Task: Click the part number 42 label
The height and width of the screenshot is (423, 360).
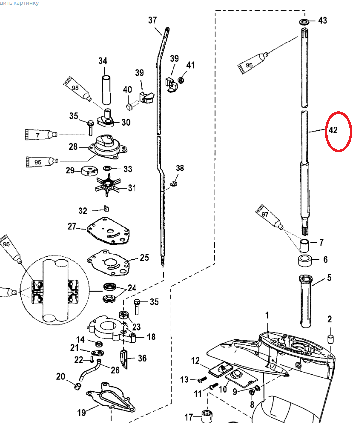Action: click(x=333, y=130)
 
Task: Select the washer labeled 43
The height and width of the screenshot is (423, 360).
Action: click(x=304, y=22)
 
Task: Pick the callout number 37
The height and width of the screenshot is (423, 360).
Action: click(x=152, y=20)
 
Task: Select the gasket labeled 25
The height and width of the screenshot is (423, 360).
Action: click(x=111, y=259)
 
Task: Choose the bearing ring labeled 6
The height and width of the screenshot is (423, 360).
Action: click(x=304, y=260)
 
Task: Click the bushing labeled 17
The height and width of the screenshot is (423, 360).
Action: click(x=205, y=415)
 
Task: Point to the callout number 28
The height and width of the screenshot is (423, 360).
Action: click(x=73, y=147)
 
